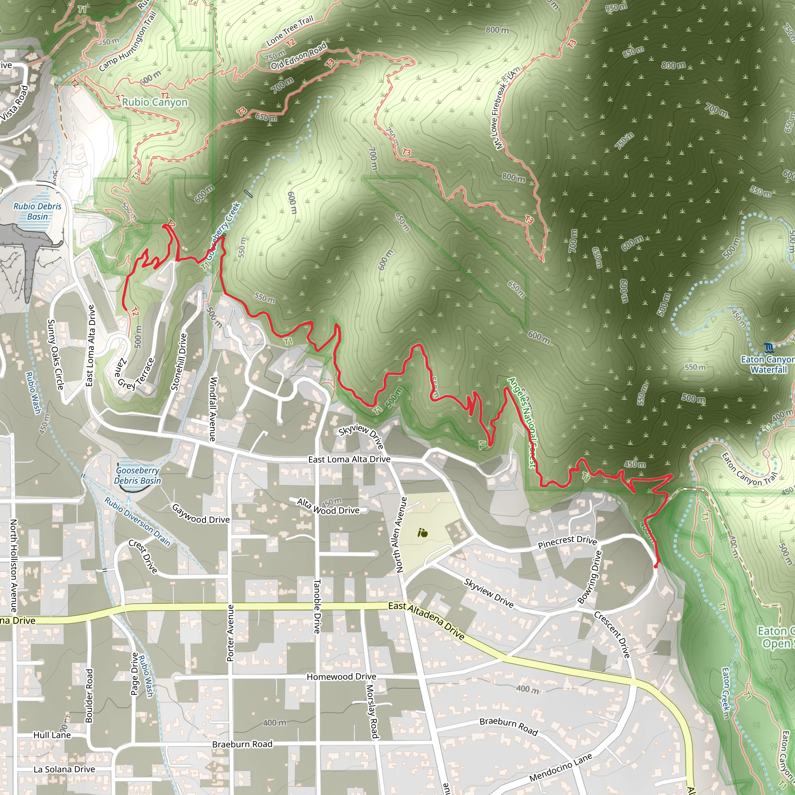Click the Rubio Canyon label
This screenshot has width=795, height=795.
click(155, 102)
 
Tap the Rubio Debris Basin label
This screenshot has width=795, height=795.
click(37, 212)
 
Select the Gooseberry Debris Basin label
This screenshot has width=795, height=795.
click(137, 476)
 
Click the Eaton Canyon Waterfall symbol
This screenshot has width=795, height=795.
click(768, 348)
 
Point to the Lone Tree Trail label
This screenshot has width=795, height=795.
click(290, 30)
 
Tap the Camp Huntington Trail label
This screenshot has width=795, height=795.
click(128, 41)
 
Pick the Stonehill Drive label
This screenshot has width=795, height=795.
click(179, 362)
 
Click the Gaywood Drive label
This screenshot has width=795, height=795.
click(200, 514)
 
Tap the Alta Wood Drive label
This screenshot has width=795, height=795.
click(328, 507)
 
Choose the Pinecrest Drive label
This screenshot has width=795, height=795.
click(567, 542)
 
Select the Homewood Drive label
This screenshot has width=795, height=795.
click(341, 677)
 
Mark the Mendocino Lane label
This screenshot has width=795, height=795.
click(561, 767)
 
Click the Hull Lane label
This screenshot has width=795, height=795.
click(52, 735)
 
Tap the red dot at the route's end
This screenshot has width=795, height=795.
click(656, 567)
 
